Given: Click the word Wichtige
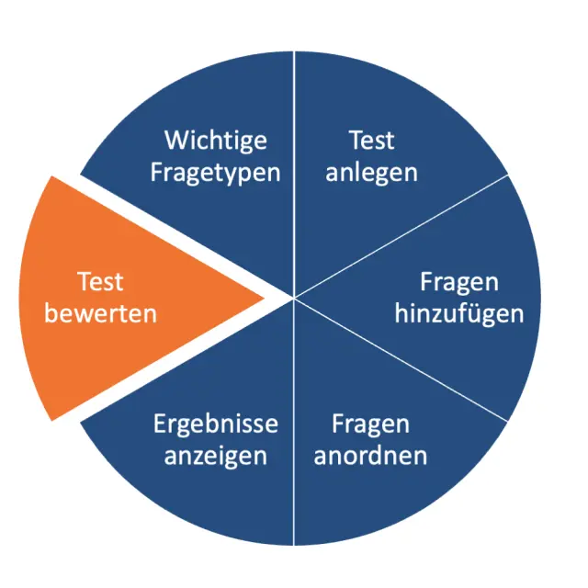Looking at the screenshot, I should tap(216, 141).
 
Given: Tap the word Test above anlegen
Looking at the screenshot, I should tap(371, 141).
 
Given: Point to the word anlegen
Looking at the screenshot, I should tap(371, 173).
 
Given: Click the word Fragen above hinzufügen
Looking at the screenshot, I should tap(458, 281).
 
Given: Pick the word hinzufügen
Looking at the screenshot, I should tap(458, 312).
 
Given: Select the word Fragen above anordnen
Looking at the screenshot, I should tap(370, 424).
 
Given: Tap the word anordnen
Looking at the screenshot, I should tap(370, 455).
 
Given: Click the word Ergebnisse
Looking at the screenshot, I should tap(216, 424).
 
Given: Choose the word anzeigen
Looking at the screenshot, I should tap(216, 455).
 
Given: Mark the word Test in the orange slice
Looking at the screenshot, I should tap(100, 281).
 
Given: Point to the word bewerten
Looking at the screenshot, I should tap(100, 312).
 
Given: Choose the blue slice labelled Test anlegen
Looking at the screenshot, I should tap(386, 101).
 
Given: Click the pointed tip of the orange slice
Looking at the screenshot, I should tap(263, 298).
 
